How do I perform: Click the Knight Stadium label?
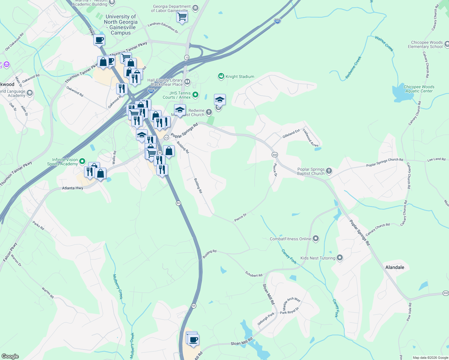(x=240, y=77)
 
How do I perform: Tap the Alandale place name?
(x=395, y=267)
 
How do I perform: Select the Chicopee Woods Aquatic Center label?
(x=419, y=89)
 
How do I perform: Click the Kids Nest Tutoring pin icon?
(x=340, y=258)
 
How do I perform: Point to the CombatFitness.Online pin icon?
(x=316, y=239)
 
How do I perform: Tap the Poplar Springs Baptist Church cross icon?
(x=329, y=171)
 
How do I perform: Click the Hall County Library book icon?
(x=187, y=82)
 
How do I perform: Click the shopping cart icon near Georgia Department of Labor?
(x=182, y=17)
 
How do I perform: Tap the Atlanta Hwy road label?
(x=73, y=188)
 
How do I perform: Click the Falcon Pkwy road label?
(x=10, y=252)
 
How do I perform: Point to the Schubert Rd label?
(x=254, y=274)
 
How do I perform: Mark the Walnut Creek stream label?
(x=384, y=43)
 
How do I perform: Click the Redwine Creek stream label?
(x=353, y=68)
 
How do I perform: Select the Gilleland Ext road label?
(x=291, y=134)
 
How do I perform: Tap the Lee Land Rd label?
(x=436, y=159)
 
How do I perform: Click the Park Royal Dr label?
(x=290, y=310)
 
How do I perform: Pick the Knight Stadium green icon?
(x=221, y=76)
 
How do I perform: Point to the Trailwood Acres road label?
(x=310, y=138)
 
